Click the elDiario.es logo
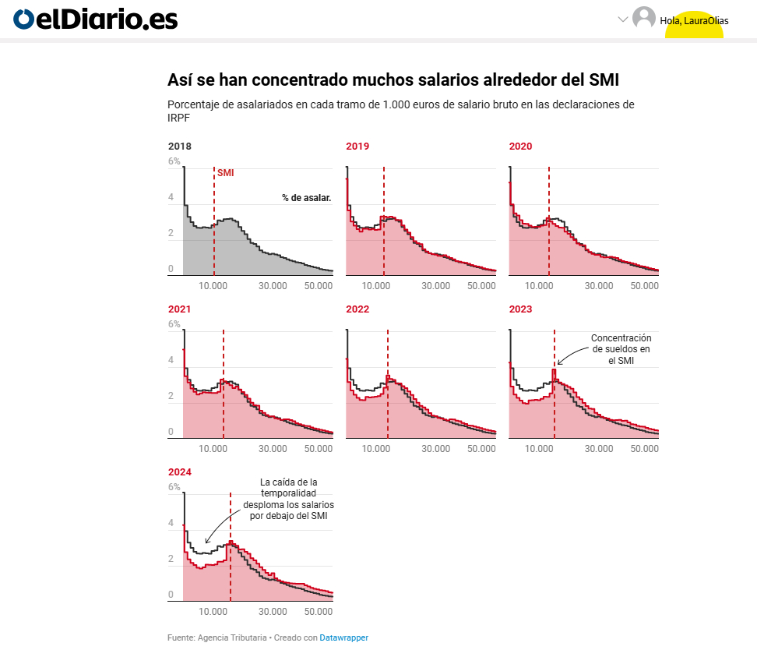click(96, 19)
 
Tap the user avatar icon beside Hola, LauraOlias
click(644, 18)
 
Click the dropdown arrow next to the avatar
click(622, 19)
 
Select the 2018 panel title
click(180, 146)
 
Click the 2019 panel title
click(357, 146)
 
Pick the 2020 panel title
click(521, 146)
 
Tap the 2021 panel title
click(180, 309)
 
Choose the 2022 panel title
click(357, 309)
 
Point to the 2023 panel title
click(521, 309)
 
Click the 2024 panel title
click(180, 472)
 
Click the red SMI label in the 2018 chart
click(225, 173)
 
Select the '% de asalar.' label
click(307, 198)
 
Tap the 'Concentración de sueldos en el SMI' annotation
click(621, 349)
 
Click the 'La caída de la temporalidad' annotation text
click(289, 499)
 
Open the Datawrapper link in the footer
click(343, 638)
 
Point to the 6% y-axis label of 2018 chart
click(174, 161)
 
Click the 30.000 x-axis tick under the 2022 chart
click(436, 449)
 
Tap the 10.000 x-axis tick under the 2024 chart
click(213, 612)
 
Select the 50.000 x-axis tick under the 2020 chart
click(645, 286)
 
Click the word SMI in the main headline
click(604, 80)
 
